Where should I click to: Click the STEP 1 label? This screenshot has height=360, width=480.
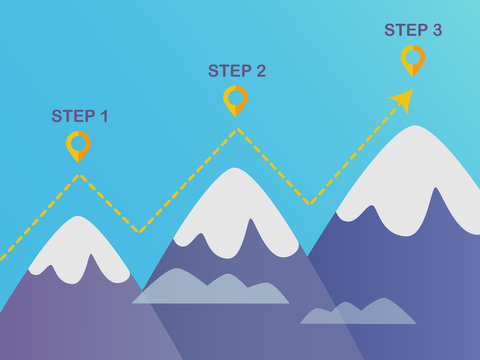(x=80, y=116)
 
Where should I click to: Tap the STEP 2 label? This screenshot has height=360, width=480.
(x=237, y=71)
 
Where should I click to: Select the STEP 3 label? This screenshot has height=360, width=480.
(x=413, y=30)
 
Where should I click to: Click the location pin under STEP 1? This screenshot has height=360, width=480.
(x=78, y=146)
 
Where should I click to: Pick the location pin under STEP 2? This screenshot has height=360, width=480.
(x=235, y=100)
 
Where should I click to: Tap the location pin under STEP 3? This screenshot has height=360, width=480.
(x=413, y=59)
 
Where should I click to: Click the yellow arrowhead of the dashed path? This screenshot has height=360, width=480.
(x=401, y=98)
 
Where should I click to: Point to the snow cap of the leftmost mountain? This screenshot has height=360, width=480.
(x=75, y=245)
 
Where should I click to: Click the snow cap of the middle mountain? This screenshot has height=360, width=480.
(x=234, y=205)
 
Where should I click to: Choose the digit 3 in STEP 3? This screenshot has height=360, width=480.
(x=436, y=30)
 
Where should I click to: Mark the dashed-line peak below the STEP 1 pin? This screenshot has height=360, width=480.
(x=80, y=176)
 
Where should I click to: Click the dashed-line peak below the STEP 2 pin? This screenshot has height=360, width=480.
(x=236, y=129)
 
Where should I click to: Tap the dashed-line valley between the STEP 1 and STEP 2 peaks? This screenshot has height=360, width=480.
(x=141, y=232)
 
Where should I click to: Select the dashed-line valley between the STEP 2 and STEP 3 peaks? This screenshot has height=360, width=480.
(x=311, y=203)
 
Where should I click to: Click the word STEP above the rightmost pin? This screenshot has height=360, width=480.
(x=403, y=30)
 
